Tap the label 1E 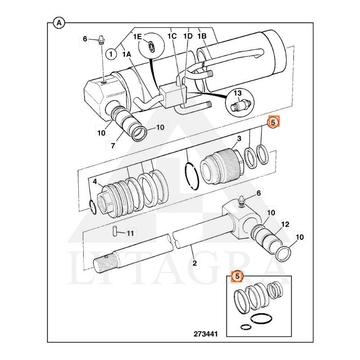pos(137,36)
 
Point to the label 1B pos(202,36)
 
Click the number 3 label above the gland pos(239,139)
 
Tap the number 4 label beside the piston pos(95,182)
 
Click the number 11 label pos(130,233)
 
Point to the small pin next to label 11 pos(115,231)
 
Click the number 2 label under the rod pos(195,263)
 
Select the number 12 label pos(285,224)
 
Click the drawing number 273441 pos(206,334)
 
